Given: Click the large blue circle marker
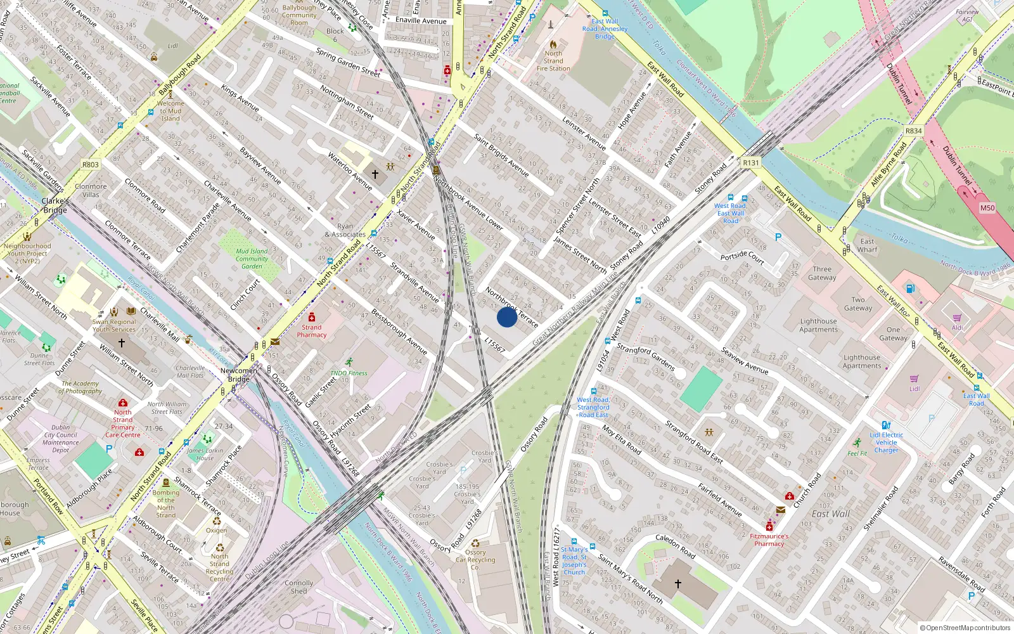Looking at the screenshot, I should pyautogui.click(x=507, y=317).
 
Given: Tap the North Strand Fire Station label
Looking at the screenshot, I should pyautogui.click(x=553, y=61).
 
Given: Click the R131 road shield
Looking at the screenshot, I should pyautogui.click(x=751, y=163).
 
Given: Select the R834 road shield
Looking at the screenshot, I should pyautogui.click(x=913, y=131).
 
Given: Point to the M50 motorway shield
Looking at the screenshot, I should pyautogui.click(x=987, y=208).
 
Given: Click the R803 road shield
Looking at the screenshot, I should pyautogui.click(x=91, y=165).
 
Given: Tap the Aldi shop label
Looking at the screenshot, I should pyautogui.click(x=957, y=328).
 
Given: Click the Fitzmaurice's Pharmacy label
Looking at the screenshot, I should pyautogui.click(x=769, y=540).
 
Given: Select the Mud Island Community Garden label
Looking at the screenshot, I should pyautogui.click(x=252, y=259).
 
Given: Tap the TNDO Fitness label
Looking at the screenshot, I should pyautogui.click(x=349, y=373).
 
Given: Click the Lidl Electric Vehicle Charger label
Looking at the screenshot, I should pyautogui.click(x=887, y=443).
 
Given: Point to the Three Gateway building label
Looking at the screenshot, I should pyautogui.click(x=822, y=273).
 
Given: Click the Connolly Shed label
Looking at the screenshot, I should pyautogui.click(x=298, y=587).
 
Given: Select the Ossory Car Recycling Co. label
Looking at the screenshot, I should pyautogui.click(x=475, y=560).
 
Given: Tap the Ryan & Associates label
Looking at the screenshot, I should pyautogui.click(x=345, y=230).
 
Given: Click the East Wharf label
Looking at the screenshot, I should pyautogui.click(x=867, y=245).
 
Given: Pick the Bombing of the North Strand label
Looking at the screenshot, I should pyautogui.click(x=166, y=504).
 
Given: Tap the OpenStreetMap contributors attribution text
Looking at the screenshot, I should pyautogui.click(x=965, y=628).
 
